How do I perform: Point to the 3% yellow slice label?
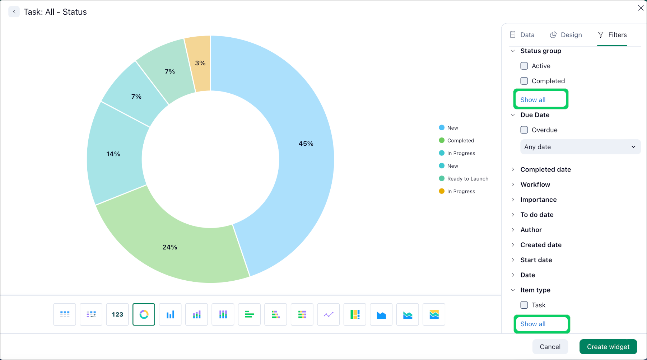pos(200,63)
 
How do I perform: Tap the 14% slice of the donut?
pos(113,154)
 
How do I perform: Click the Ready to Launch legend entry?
pos(467,179)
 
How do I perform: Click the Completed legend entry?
pos(460,141)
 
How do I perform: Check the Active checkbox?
pos(524,66)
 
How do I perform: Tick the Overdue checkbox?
pos(524,130)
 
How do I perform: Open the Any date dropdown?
pos(580,147)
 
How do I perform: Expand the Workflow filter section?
pos(535,184)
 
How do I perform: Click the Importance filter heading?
pos(538,200)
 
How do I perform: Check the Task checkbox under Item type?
pos(524,305)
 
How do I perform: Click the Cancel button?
pos(550,347)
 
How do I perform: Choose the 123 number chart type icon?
pos(117,314)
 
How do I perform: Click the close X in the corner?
pos(641,8)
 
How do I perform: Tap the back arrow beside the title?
pos(14,12)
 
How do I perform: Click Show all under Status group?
pos(533,100)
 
